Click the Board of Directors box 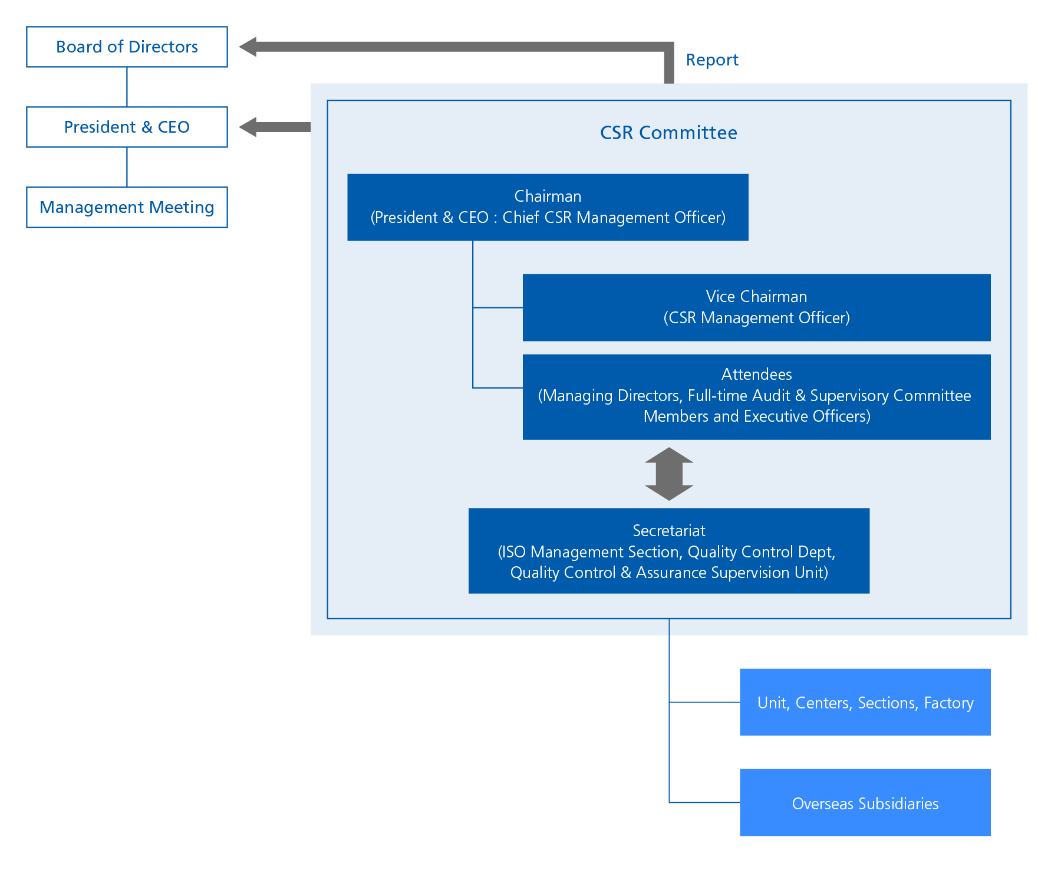click(x=127, y=47)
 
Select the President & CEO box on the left click(x=127, y=127)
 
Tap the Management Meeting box click(x=127, y=207)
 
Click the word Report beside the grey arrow click(x=711, y=60)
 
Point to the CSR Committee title click(x=668, y=133)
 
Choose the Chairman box click(x=548, y=207)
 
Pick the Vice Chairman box click(x=756, y=307)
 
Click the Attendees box click(x=756, y=396)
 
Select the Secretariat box click(x=668, y=551)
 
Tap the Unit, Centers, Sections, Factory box click(x=865, y=702)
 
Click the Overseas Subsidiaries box click(x=865, y=803)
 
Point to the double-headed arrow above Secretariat click(x=668, y=474)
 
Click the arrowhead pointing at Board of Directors click(x=248, y=47)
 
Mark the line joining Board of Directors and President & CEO click(x=127, y=87)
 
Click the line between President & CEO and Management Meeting click(x=127, y=167)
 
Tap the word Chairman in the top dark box click(x=548, y=196)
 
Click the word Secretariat click(x=668, y=531)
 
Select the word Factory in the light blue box click(x=948, y=703)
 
